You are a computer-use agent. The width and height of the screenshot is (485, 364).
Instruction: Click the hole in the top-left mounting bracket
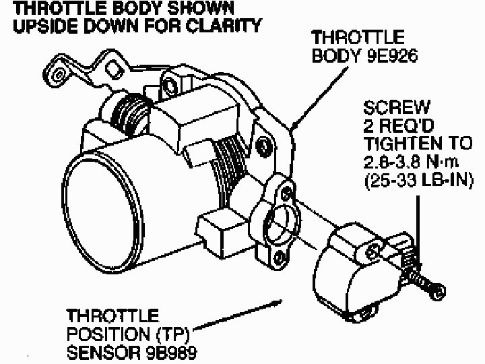pyautogui.click(x=59, y=70)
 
